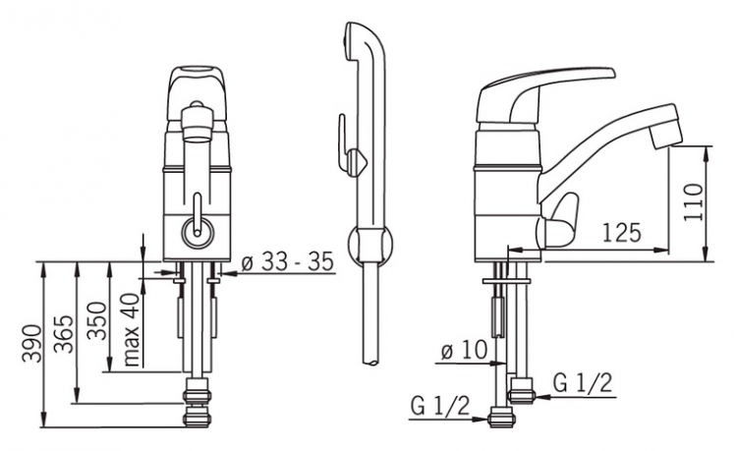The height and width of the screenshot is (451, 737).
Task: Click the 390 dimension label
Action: pos(32,343)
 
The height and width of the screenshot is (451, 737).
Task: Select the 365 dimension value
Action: pos(64,334)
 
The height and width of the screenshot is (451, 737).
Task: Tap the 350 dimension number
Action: pos(97,320)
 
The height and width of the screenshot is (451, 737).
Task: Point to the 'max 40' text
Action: pos(132,329)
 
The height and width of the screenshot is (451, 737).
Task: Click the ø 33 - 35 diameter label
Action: pos(287,261)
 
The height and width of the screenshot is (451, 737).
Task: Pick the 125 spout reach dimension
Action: pos(622,232)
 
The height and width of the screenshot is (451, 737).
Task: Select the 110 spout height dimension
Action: pos(694,202)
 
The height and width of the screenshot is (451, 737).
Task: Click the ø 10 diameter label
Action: pos(465,350)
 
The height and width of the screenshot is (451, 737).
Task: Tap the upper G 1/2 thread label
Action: pos(583,382)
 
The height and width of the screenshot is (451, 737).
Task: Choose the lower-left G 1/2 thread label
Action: pos(440,405)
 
